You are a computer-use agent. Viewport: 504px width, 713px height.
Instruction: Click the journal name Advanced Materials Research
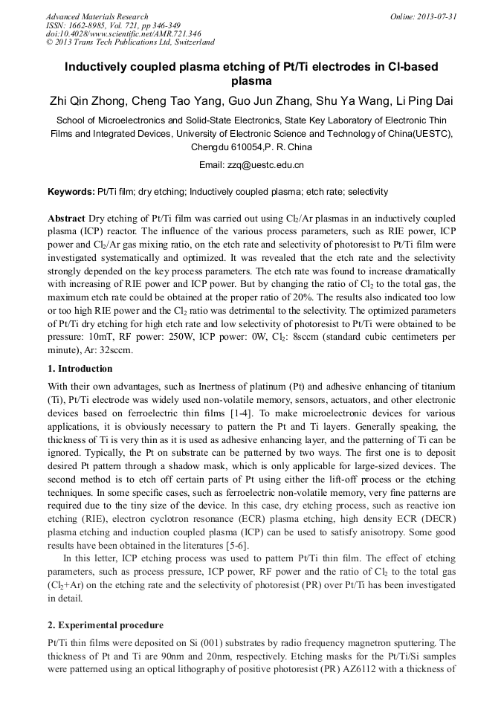coord(97,16)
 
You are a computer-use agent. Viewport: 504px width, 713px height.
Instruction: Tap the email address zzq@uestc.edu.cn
coord(269,165)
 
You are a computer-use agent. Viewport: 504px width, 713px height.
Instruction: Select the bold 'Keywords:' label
coord(71,192)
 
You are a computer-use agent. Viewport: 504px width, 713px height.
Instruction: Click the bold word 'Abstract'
coord(66,219)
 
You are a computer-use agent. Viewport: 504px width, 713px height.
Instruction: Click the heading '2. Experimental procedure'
coord(106,625)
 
